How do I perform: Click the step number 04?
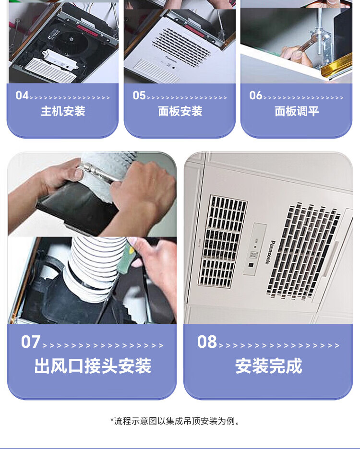coord(22,95)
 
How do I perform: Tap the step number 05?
coord(139,95)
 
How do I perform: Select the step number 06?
coord(256,95)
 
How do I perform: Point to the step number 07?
coord(30,342)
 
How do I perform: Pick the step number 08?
coord(207,342)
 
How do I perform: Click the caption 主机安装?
coord(63,111)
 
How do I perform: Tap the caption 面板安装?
coord(180,111)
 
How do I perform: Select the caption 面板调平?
coord(297,111)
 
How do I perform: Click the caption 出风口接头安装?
coord(93,366)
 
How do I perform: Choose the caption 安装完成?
coord(269,366)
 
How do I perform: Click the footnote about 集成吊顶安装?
coord(175,421)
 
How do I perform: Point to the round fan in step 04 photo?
coord(71,42)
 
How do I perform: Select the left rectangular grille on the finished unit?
coord(222,241)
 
